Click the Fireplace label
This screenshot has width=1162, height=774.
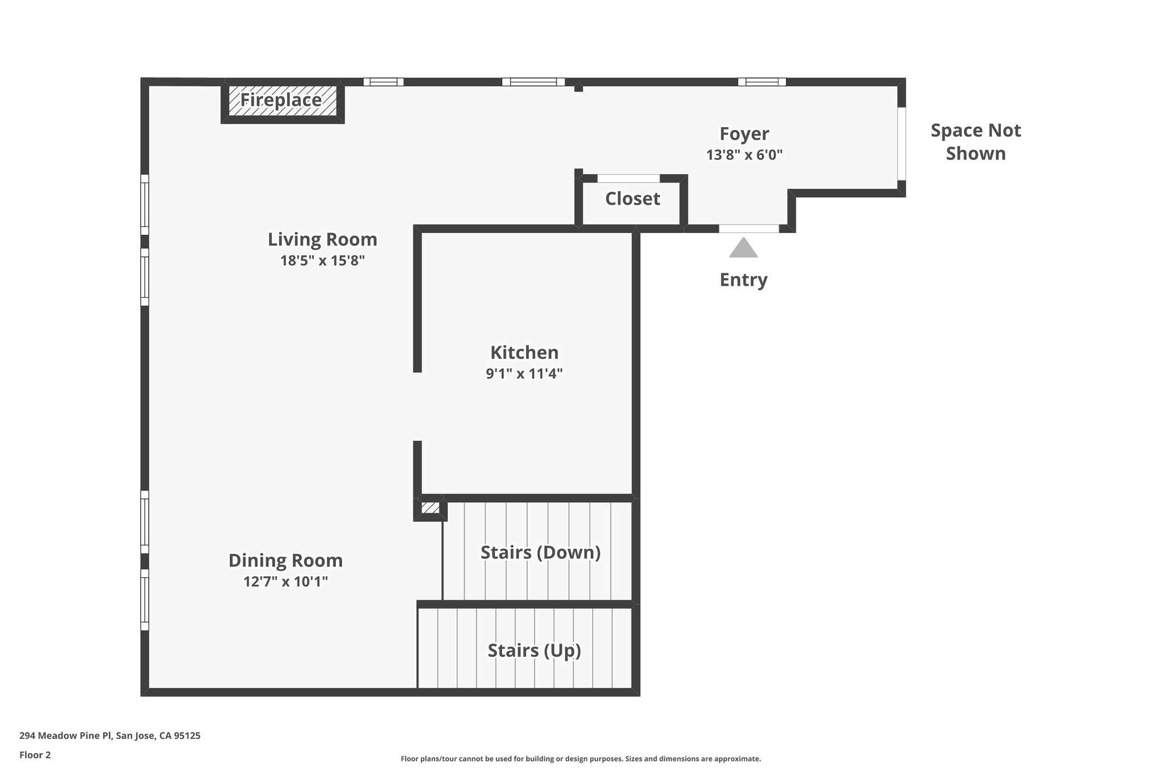pos(281,100)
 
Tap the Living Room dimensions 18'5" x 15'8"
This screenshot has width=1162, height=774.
pos(322,261)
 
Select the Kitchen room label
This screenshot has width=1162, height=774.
pos(524,353)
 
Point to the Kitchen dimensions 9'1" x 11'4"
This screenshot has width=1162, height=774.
pos(524,374)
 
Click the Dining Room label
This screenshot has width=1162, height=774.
pos(285,561)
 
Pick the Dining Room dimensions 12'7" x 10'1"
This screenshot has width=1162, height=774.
pos(285,582)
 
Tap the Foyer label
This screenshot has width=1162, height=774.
pos(744,134)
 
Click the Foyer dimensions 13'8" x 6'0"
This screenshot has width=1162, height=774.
pos(744,155)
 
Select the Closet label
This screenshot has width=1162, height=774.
pos(633,199)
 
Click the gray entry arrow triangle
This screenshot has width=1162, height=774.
pos(743,249)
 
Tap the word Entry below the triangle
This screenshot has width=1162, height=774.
pos(743,280)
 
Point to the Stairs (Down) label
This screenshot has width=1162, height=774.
pos(540,552)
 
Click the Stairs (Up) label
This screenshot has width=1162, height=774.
pos(534,650)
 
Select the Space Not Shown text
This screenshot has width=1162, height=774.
pos(975,142)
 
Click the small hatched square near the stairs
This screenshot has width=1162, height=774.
pos(430,507)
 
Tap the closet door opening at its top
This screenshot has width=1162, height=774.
pos(629,179)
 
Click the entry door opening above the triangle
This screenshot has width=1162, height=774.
pos(749,229)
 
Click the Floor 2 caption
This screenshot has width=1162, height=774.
pos(35,755)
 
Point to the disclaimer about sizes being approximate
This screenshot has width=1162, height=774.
pos(580,759)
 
